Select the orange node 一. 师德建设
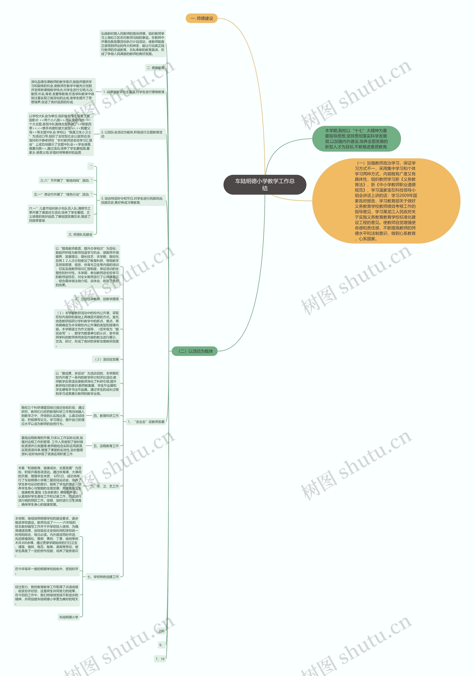point(202,18)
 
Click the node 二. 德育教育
point(156,68)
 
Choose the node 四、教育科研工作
point(106,416)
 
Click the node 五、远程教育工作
point(106,446)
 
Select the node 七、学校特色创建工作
point(103,577)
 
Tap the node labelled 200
point(161,631)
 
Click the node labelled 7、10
point(160,659)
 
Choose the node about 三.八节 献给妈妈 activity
point(66,180)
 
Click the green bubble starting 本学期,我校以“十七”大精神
point(356,139)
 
